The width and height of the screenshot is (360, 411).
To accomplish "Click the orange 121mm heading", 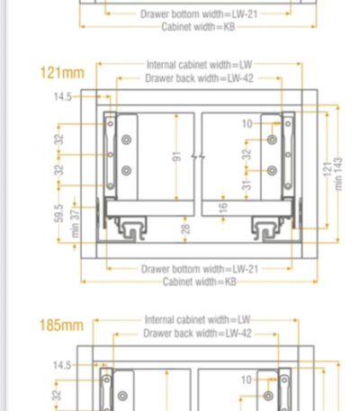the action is coord(62,73).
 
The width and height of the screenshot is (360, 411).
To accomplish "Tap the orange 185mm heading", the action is coord(61,326).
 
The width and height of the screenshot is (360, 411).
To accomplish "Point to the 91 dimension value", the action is coord(177,156).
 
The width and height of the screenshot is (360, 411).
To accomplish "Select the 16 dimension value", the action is coord(223,208).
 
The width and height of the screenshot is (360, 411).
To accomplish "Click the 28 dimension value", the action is coord(186,229).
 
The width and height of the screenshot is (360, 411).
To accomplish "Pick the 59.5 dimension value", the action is coord(59,213).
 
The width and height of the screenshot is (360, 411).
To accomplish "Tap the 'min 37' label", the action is coord(75,223).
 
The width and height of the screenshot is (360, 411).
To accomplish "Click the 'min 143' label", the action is coord(338,174).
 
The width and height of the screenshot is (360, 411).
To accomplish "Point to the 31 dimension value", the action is coord(247,185).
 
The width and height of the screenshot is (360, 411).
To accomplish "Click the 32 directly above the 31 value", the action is coord(247,155).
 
